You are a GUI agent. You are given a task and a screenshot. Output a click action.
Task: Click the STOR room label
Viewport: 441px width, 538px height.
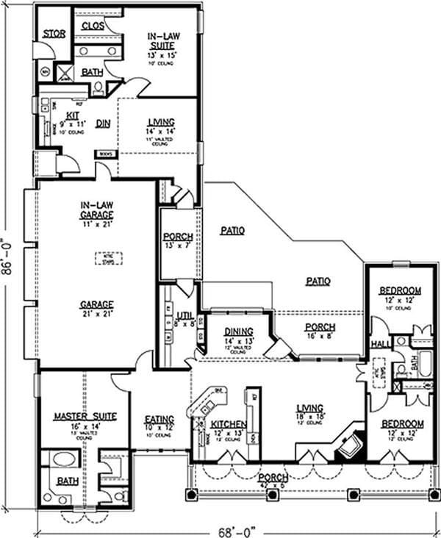click(54, 34)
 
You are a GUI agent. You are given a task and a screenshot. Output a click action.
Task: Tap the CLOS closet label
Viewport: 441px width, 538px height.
click(93, 25)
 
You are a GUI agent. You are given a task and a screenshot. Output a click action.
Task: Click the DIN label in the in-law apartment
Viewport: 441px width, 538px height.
click(103, 124)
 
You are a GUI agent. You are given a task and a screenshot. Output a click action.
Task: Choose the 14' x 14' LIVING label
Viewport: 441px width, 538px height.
click(159, 124)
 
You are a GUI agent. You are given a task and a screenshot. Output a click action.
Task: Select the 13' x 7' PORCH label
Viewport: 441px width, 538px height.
click(178, 240)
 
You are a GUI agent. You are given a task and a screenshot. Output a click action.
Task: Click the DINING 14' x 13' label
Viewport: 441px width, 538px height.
click(239, 335)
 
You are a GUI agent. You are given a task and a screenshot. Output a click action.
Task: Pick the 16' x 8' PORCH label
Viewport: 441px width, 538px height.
click(320, 331)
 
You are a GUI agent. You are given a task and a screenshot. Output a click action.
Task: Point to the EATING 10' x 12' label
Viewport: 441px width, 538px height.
click(158, 422)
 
